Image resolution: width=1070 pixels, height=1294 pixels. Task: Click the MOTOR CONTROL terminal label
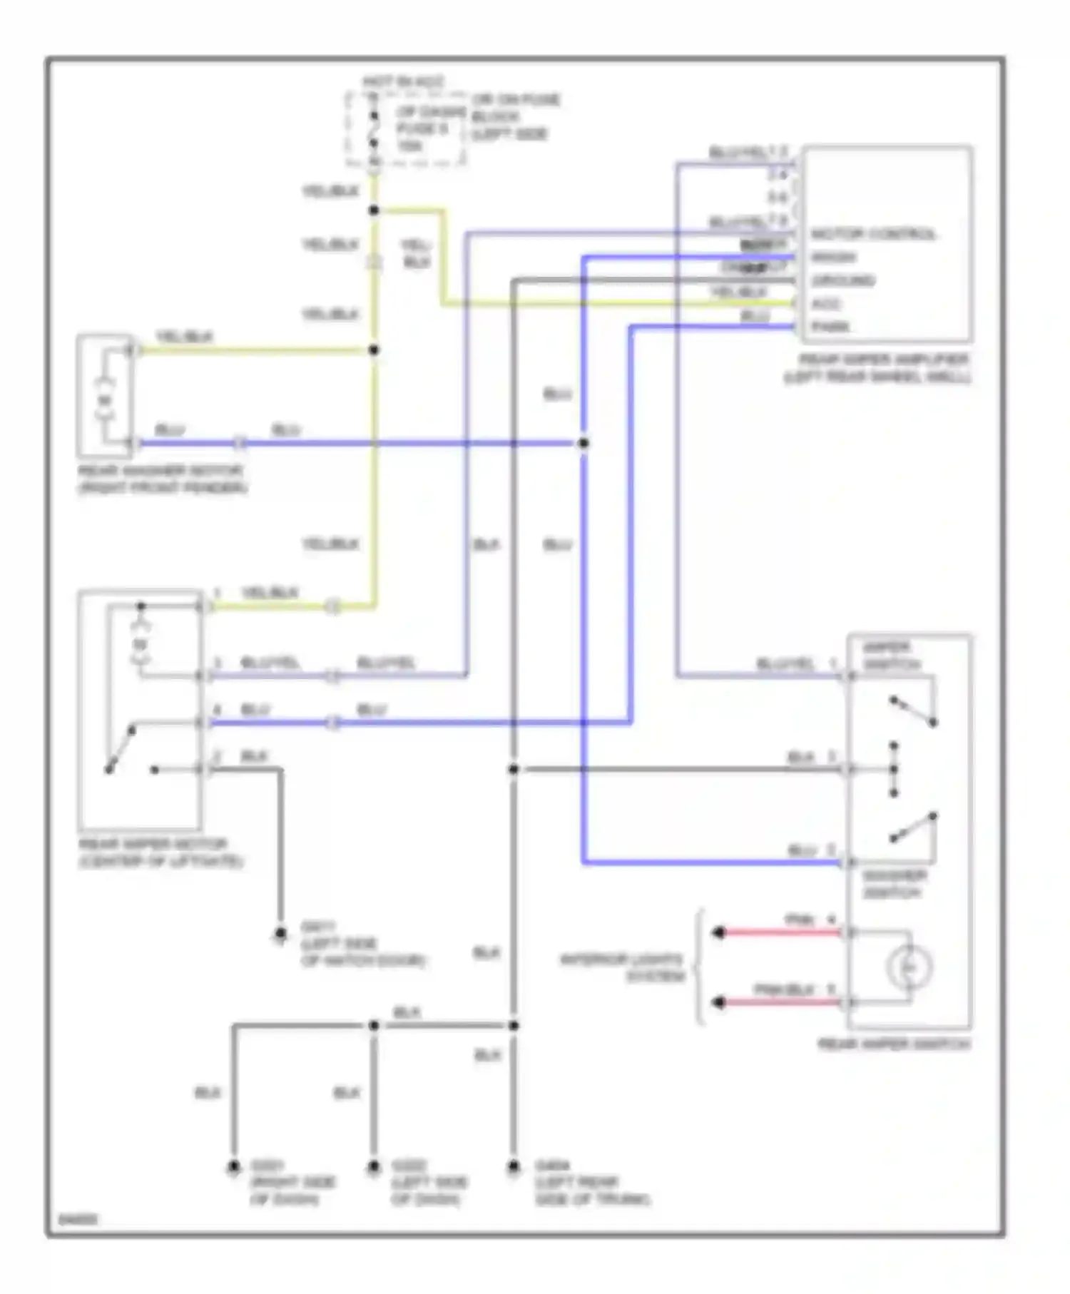[x=873, y=234]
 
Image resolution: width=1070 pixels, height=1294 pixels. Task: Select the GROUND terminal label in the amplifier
[x=843, y=280]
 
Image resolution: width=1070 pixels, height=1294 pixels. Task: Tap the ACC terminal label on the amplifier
[x=826, y=304]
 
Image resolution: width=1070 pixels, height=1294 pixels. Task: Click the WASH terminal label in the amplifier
[x=834, y=257]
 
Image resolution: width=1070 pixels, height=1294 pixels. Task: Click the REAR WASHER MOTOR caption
[x=162, y=479]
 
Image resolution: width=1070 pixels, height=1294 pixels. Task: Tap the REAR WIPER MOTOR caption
[x=160, y=852]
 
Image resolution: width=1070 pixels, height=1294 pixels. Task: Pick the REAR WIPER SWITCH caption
[x=894, y=1044]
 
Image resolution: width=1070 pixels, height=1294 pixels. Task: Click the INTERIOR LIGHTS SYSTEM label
[x=621, y=968]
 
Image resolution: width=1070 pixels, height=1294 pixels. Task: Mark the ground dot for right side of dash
[x=233, y=1168]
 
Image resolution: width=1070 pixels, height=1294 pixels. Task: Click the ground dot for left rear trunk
[x=513, y=1168]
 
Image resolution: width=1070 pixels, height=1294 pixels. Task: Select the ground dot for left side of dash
[x=373, y=1168]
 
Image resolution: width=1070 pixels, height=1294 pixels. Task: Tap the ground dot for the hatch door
[x=280, y=934]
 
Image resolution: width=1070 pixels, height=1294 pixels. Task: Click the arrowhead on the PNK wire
[x=719, y=932]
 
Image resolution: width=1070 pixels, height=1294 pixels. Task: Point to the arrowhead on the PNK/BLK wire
[x=719, y=1002]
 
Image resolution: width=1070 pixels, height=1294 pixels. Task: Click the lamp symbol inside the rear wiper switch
[x=909, y=967]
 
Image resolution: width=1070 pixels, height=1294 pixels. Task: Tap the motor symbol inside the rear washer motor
[x=105, y=402]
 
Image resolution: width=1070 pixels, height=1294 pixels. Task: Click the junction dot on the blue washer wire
[x=583, y=443]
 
